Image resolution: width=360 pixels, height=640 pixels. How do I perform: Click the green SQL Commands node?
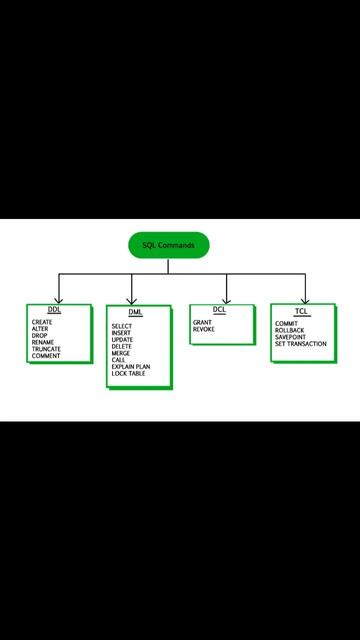coord(168,245)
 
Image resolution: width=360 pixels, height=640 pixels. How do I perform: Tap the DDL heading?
coord(54,311)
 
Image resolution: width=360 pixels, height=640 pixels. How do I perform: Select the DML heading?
coord(135,313)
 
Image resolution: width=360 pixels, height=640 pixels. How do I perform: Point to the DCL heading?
coord(219,310)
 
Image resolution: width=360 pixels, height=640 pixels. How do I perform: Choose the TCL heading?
coord(300,312)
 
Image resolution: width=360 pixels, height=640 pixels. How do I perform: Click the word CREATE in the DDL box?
coord(42,322)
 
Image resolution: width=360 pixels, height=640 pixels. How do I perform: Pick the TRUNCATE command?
coord(46,349)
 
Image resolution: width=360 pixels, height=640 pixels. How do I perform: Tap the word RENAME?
coord(43,342)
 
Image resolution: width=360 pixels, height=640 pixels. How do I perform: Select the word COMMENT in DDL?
coord(46,356)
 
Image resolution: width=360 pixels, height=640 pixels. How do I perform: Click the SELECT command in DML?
coord(122,326)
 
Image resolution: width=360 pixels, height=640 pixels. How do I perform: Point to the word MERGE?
coord(121,353)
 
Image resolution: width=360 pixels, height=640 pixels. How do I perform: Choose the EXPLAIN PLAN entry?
coord(131,367)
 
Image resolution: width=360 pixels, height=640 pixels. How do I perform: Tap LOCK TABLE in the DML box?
coord(128,374)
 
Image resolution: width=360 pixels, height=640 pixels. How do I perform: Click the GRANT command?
coord(202,322)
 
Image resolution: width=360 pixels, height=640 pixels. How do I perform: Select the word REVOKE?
coord(204,329)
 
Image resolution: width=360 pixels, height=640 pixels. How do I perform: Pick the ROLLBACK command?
coord(290,330)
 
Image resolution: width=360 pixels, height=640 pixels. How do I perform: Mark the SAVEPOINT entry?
coord(291,337)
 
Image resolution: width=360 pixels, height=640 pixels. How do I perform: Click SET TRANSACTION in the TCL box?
coord(300,344)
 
